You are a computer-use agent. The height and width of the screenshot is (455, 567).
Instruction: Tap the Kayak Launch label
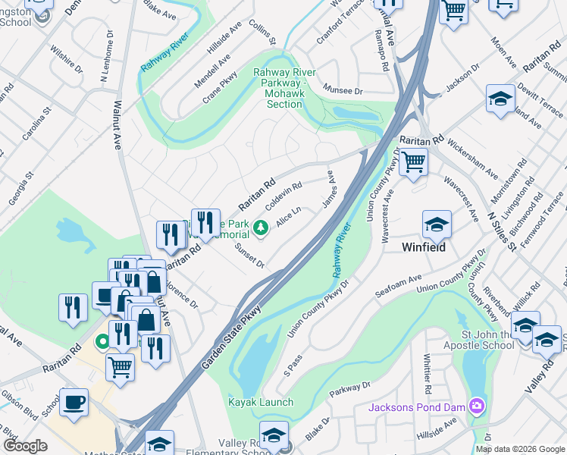coord(261,402)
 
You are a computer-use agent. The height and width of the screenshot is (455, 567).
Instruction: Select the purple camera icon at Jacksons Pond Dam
coord(475,406)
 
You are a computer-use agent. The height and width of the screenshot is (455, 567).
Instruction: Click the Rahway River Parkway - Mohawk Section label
coord(285,89)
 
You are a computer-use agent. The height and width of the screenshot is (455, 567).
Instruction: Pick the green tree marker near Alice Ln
coord(260,227)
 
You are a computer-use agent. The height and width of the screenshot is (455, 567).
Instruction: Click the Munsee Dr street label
coord(343,90)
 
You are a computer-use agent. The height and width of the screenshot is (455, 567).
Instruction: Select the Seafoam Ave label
coord(399,288)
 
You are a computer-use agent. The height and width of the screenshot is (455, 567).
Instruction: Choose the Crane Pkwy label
coord(220,88)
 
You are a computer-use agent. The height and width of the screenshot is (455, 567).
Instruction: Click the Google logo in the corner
coord(26,446)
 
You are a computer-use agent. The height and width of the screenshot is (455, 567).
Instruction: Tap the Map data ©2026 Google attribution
coord(520,449)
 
